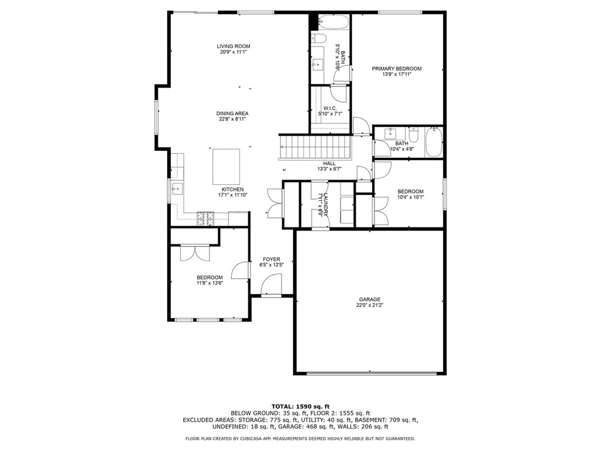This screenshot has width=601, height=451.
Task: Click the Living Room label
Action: pyautogui.click(x=234, y=46)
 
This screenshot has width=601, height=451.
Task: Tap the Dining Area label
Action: pyautogui.click(x=232, y=113)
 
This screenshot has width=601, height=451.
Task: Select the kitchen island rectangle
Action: pyautogui.click(x=227, y=167)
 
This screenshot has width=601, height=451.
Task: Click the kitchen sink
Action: pyautogui.click(x=178, y=189)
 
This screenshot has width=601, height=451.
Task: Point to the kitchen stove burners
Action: pyautogui.click(x=205, y=218)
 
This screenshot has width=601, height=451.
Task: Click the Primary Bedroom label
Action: pyautogui.click(x=397, y=69)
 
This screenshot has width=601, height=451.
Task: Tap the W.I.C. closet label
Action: pyautogui.click(x=330, y=109)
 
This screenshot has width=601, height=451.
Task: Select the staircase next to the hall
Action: pyautogui.click(x=316, y=147)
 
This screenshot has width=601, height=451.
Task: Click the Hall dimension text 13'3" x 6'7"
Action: pyautogui.click(x=329, y=169)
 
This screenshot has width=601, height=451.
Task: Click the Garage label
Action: pyautogui.click(x=370, y=299)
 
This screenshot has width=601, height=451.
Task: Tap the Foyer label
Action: pyautogui.click(x=271, y=259)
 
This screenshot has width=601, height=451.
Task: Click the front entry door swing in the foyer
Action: pyautogui.click(x=271, y=285)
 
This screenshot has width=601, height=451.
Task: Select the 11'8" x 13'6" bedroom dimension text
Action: pyautogui.click(x=210, y=284)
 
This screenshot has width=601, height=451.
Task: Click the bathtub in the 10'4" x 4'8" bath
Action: pyautogui.click(x=434, y=142)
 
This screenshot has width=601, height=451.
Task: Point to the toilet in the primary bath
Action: pyautogui.click(x=319, y=38)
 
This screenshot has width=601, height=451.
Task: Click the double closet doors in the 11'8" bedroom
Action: pyautogui.click(x=195, y=253)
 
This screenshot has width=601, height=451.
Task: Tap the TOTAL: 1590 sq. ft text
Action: pyautogui.click(x=300, y=406)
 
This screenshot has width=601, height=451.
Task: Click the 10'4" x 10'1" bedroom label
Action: pyautogui.click(x=410, y=191)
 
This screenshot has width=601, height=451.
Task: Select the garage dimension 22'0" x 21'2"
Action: pyautogui.click(x=370, y=305)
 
